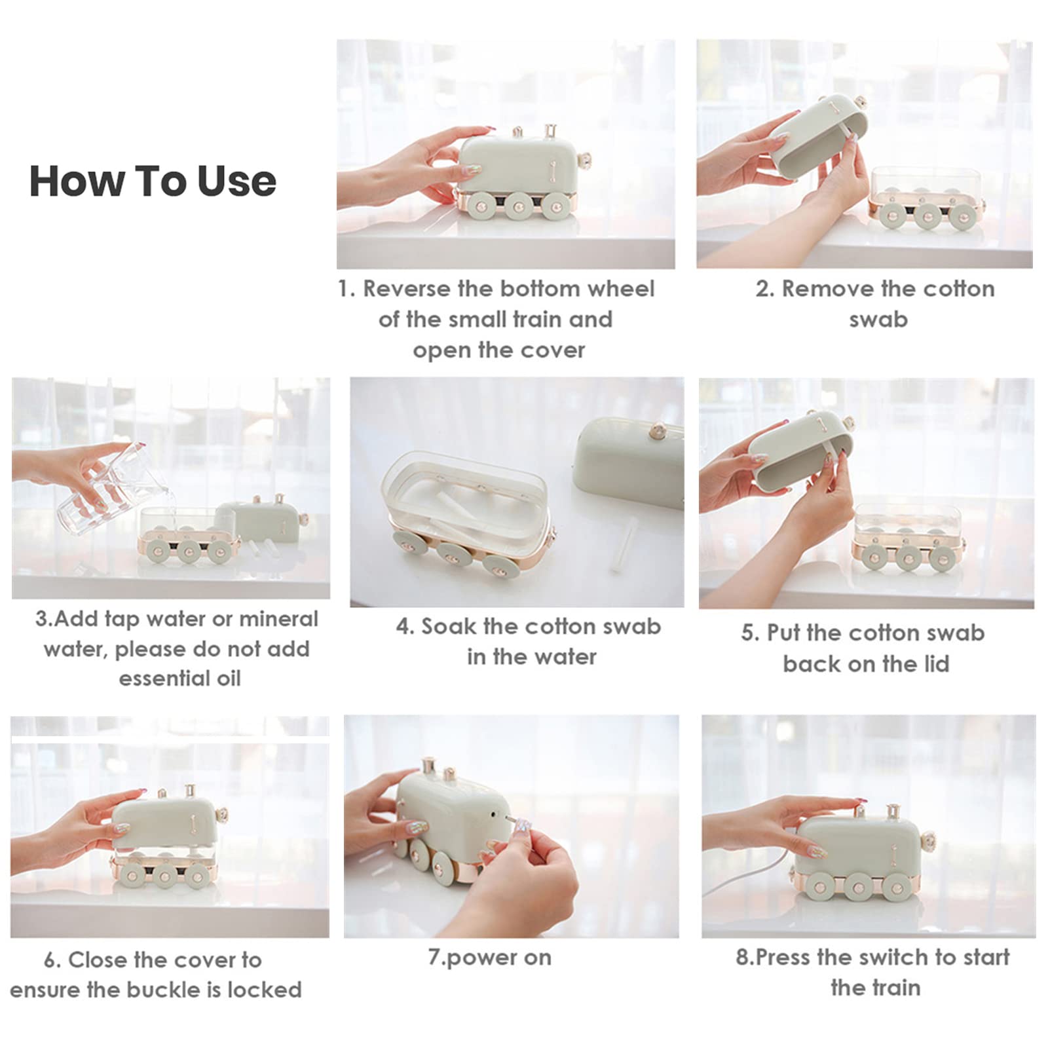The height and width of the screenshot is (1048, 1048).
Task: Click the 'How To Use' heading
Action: pos(153,181)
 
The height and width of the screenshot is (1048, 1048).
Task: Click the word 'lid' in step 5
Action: pos(933,664)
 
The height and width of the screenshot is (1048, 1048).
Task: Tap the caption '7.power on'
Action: pos(489,958)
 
